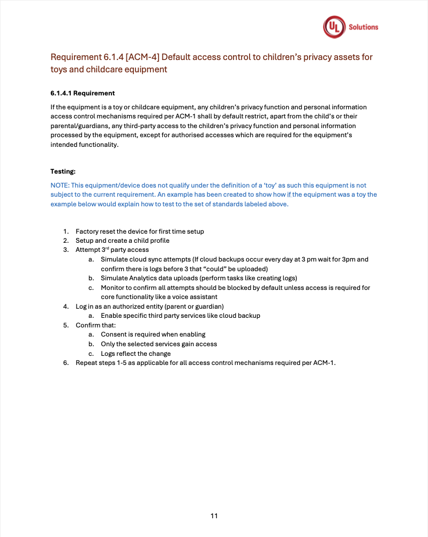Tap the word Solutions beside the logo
[363, 27]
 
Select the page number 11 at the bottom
[214, 516]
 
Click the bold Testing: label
[63, 171]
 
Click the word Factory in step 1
[87, 232]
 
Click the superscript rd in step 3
[105, 248]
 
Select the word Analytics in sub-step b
[143, 278]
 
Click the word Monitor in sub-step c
[113, 288]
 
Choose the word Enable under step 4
[111, 316]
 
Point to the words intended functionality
[84, 145]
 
